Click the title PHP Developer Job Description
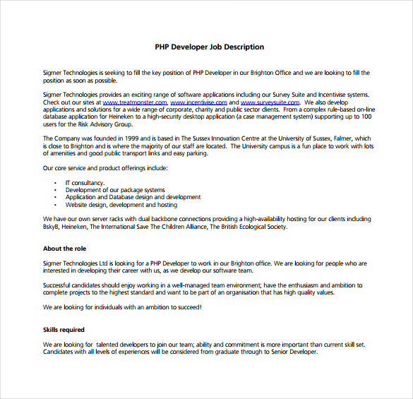[209, 47]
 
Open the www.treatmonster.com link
[134, 102]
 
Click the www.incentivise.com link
[200, 102]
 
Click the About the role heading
[64, 249]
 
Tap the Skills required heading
[64, 330]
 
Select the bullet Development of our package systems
[115, 190]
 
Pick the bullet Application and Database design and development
[133, 198]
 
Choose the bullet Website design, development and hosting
[121, 206]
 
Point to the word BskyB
[52, 227]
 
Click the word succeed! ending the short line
[186, 307]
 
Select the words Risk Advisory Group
[109, 124]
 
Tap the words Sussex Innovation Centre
[224, 138]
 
